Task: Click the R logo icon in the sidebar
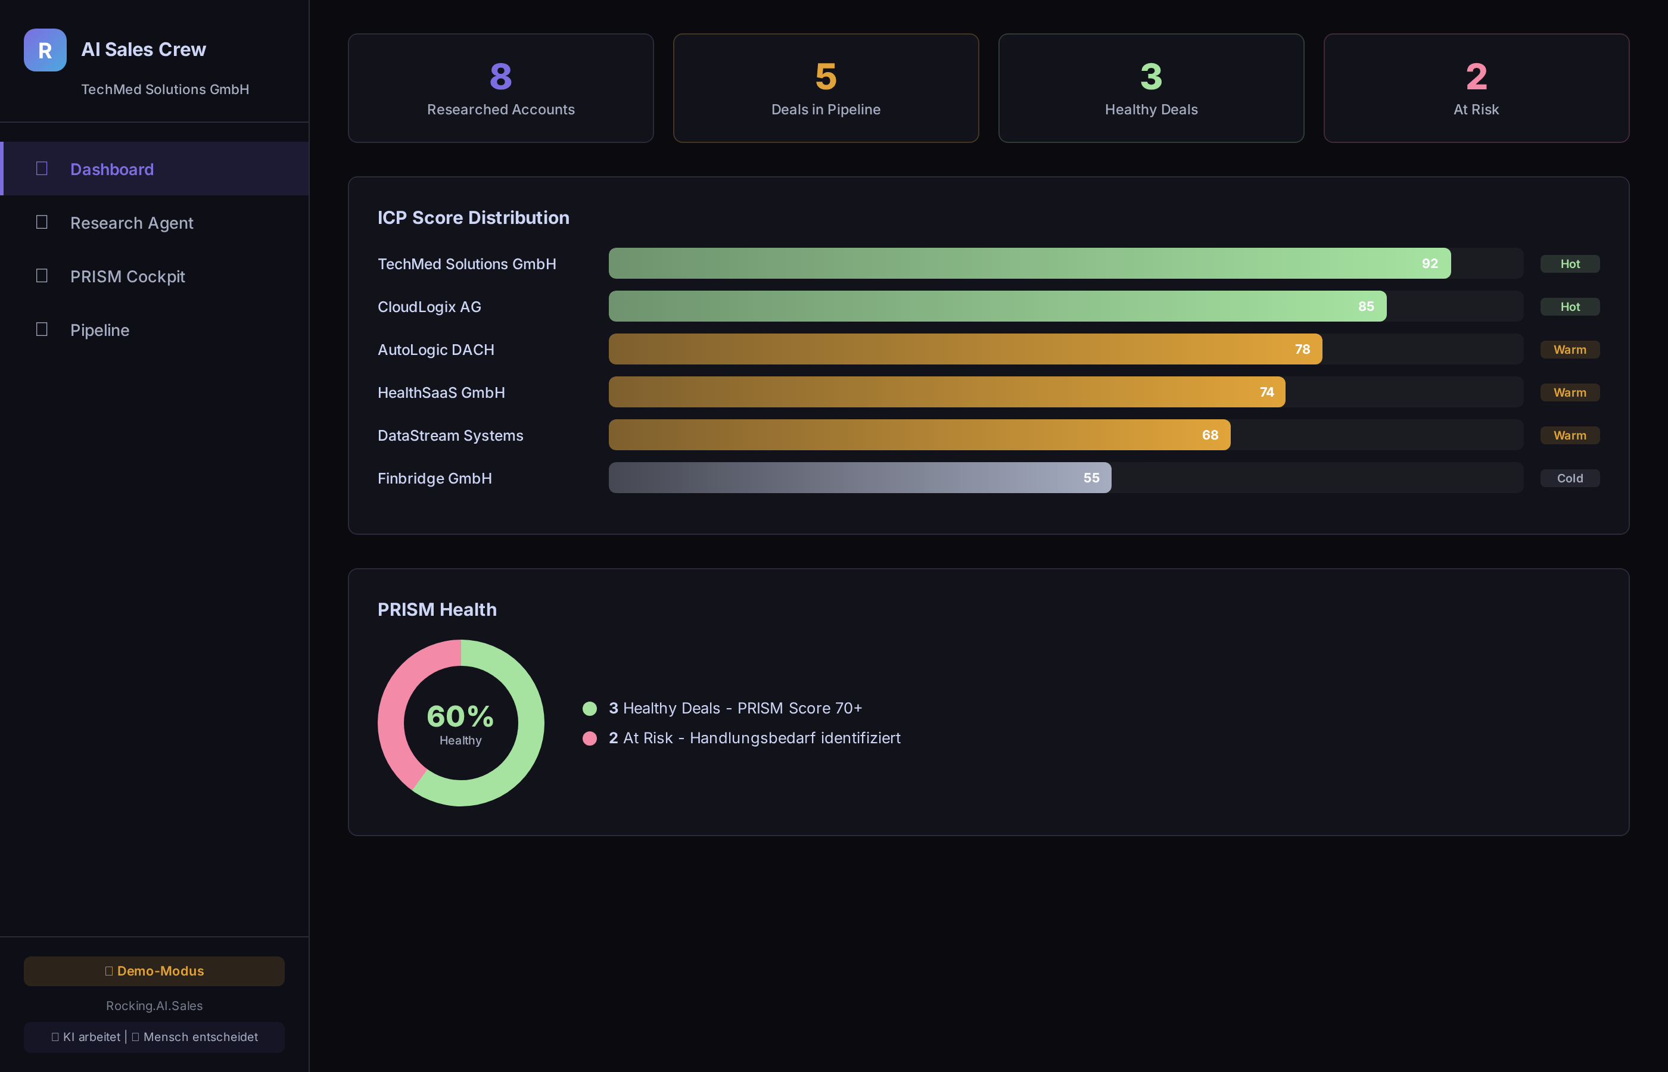(x=45, y=50)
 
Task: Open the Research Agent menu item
(x=132, y=223)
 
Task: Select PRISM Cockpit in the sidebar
(x=127, y=276)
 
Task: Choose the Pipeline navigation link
(x=99, y=330)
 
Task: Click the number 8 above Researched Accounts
(x=500, y=77)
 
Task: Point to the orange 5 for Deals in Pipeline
(x=826, y=77)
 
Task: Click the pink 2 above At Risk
(x=1476, y=77)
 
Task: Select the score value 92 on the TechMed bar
(x=1429, y=264)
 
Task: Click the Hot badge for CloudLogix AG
(x=1569, y=307)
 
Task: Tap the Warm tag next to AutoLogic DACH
(x=1569, y=350)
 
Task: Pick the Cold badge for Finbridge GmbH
(x=1569, y=478)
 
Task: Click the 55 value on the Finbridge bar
(x=1091, y=478)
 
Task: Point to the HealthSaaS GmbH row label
(x=441, y=392)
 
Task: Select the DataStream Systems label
(x=450, y=436)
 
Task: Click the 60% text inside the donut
(x=460, y=716)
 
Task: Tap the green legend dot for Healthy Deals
(x=590, y=709)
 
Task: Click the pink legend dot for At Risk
(x=590, y=738)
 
